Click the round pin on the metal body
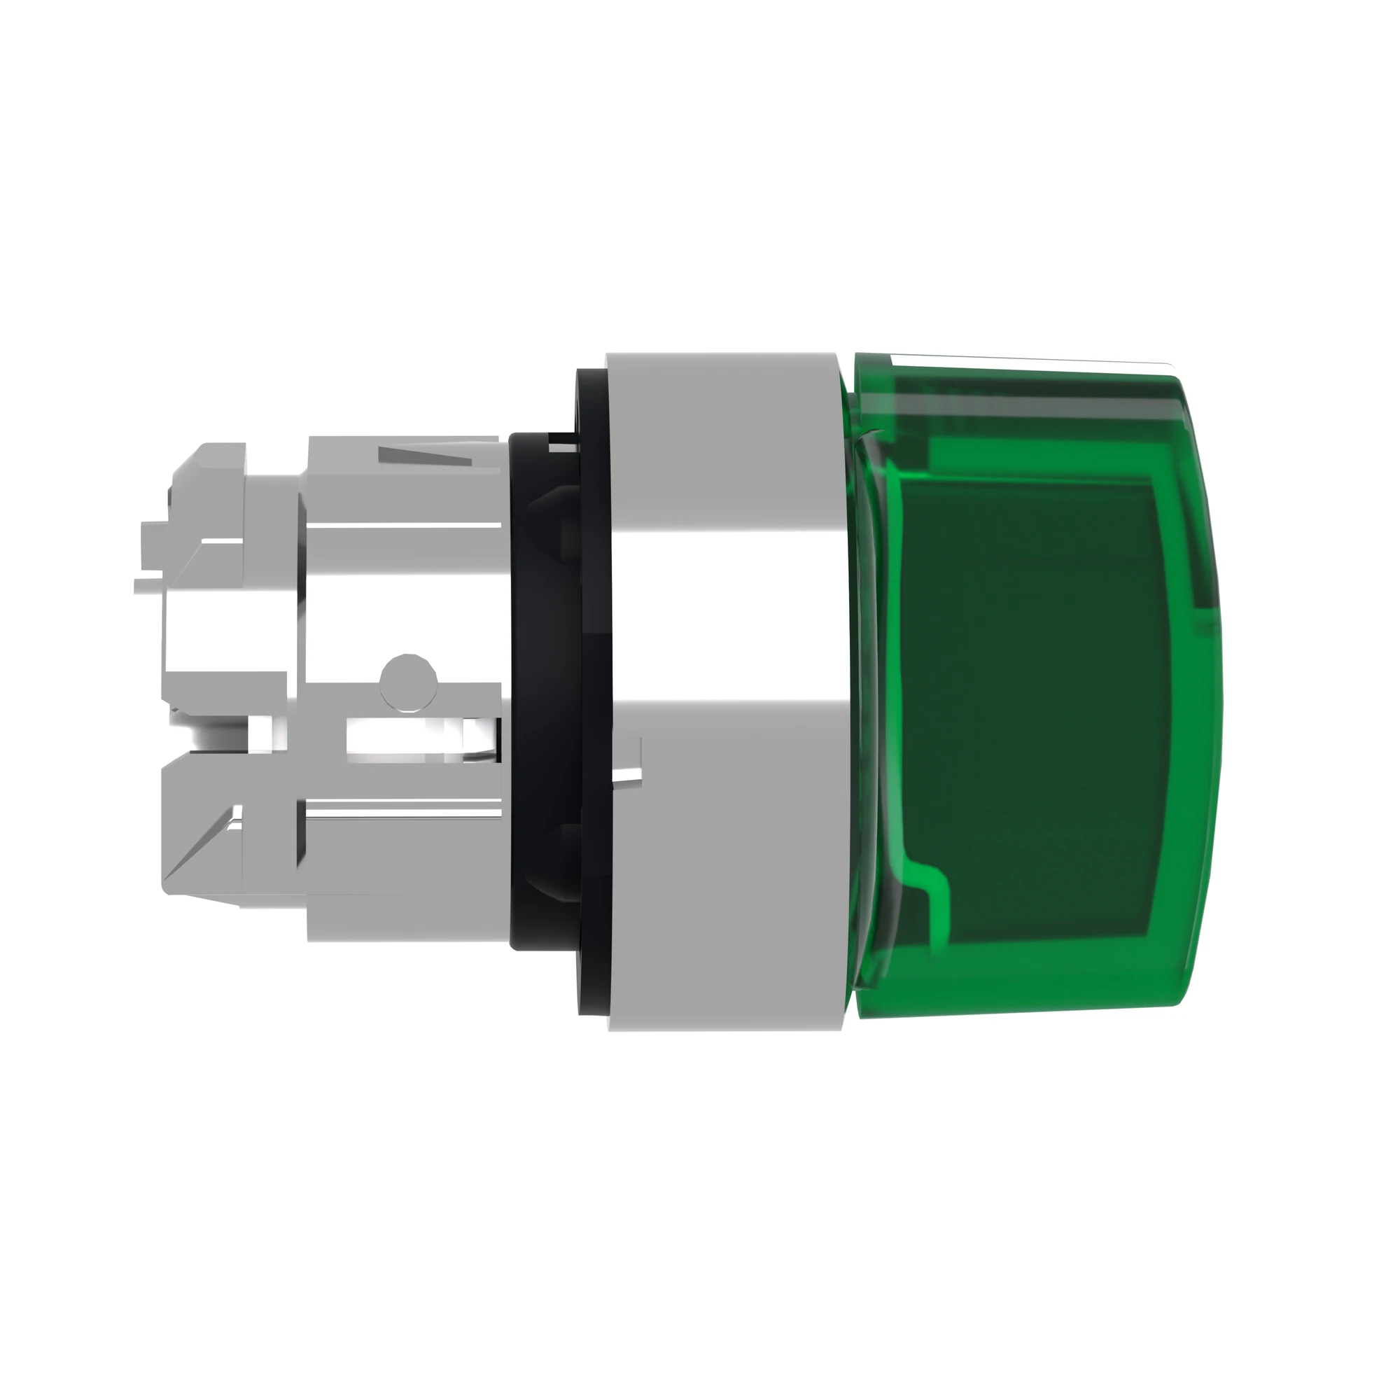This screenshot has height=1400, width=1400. (x=409, y=680)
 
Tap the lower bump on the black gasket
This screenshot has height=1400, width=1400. (x=556, y=862)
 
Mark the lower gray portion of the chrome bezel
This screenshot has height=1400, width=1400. (x=724, y=906)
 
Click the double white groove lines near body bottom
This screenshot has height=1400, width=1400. (x=403, y=810)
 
